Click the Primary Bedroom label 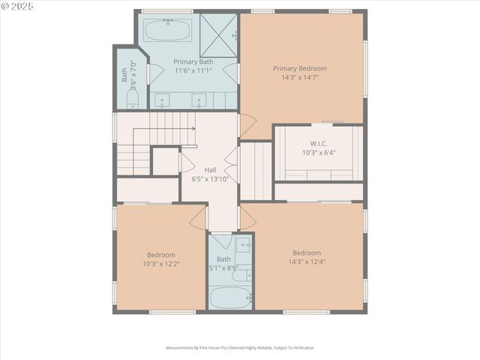299,68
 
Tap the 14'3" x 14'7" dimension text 299,77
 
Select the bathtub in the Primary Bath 167,31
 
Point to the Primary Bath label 193,61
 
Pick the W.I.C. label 319,143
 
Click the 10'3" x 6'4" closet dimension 319,152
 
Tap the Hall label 211,170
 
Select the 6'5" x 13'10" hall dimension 211,179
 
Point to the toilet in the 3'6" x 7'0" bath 132,99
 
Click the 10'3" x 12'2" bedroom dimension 161,263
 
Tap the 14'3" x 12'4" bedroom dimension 307,262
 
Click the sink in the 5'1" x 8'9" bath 244,244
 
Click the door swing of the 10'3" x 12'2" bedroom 198,218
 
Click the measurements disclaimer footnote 240,348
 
